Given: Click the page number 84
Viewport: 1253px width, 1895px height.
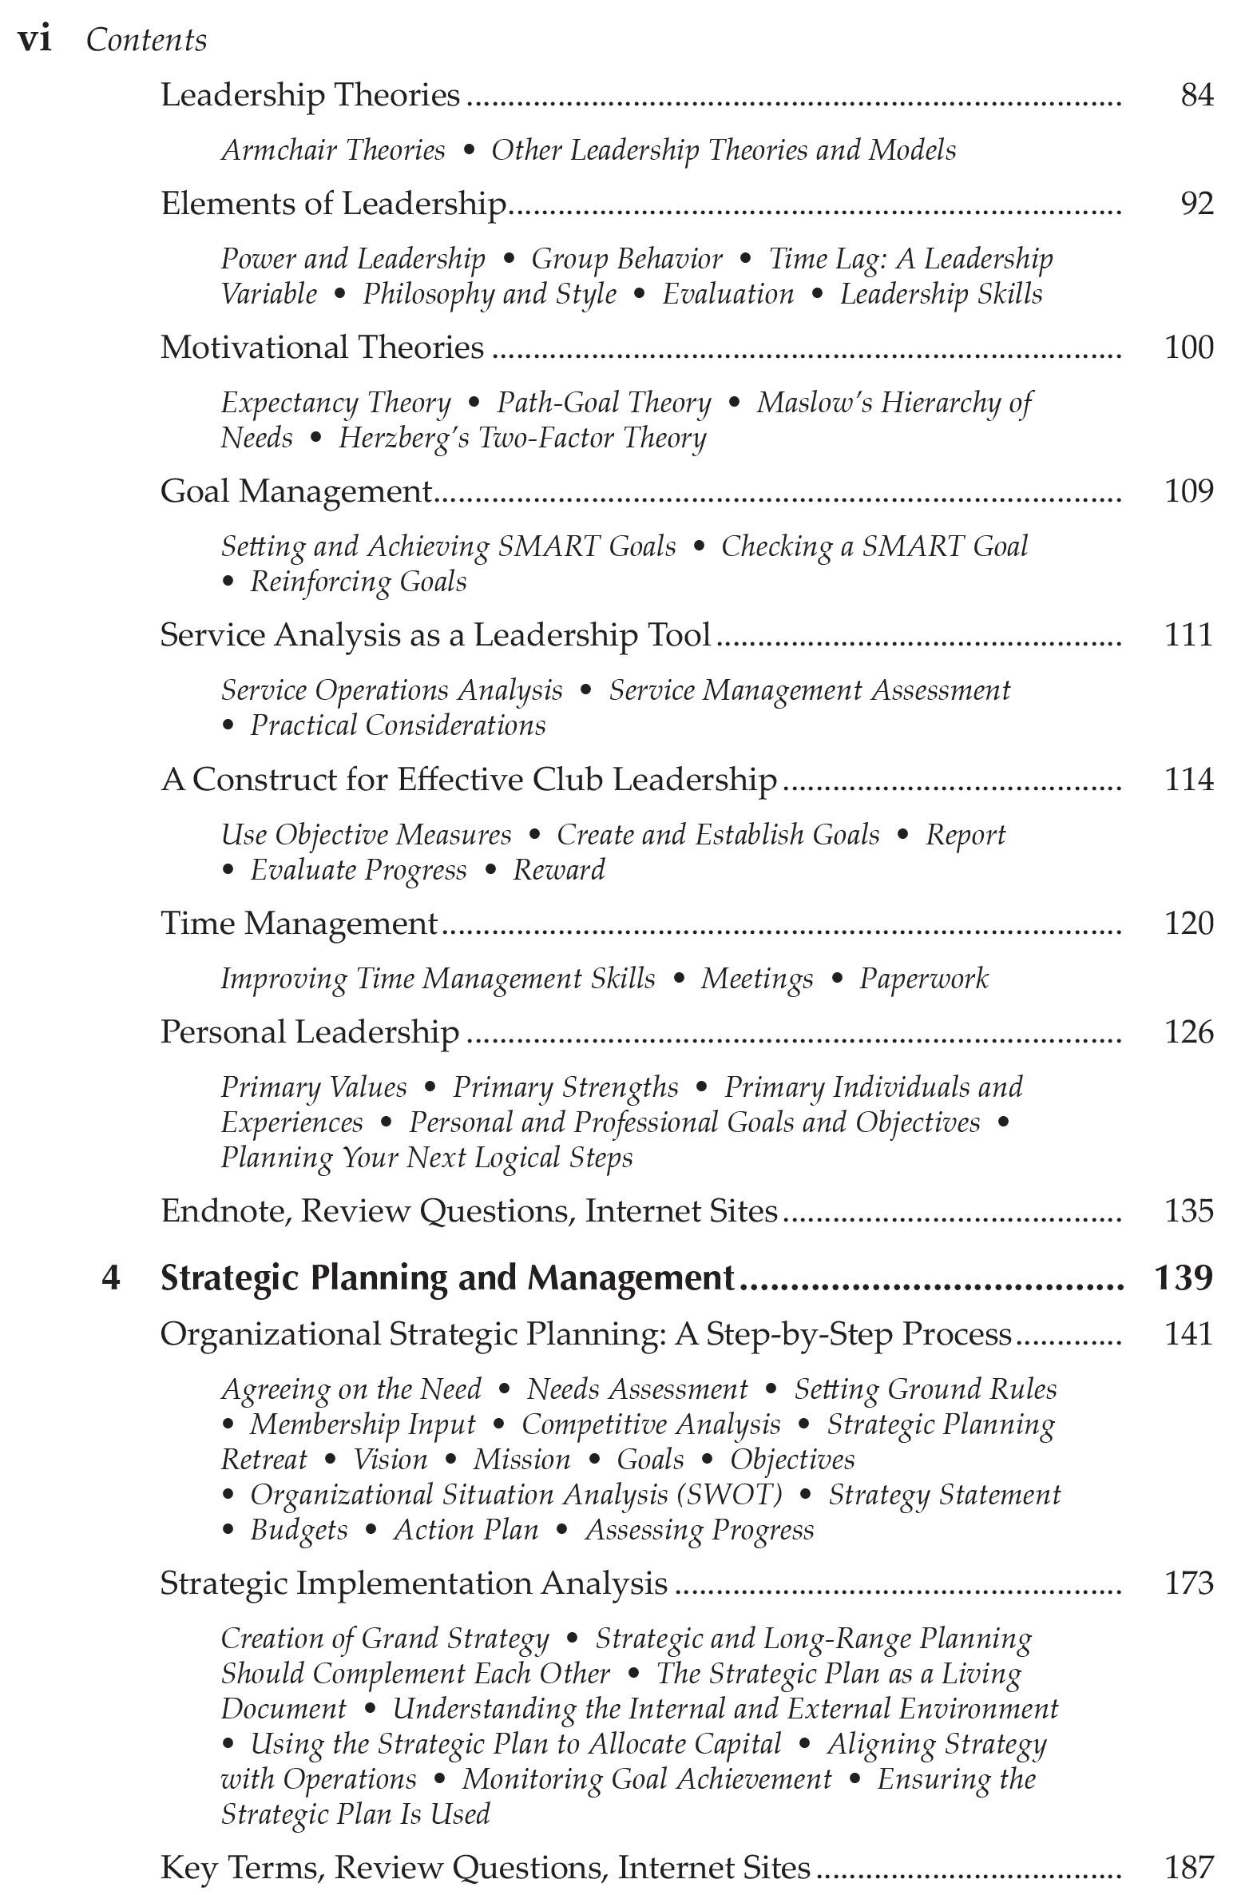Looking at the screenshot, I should (x=1196, y=96).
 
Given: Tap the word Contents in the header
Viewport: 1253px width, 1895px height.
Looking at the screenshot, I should (x=146, y=40).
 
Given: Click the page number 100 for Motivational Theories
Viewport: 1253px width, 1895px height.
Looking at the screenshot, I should (x=1188, y=348).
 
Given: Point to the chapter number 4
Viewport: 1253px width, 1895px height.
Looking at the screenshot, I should (x=111, y=1278).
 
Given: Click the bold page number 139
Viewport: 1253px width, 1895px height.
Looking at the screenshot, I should (x=1183, y=1278).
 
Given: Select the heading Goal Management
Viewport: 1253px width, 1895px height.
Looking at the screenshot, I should (x=295, y=491).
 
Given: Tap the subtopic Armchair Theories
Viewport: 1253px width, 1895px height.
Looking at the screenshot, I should (x=332, y=150).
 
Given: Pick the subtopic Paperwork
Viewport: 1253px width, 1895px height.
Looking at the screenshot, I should (x=923, y=979).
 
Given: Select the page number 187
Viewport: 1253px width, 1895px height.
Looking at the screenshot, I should (x=1188, y=1868).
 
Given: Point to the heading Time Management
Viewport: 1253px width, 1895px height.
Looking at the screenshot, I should (x=299, y=924).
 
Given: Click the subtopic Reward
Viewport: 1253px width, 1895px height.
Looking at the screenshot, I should (x=558, y=870).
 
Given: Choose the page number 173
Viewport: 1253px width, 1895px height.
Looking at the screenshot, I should (x=1188, y=1583).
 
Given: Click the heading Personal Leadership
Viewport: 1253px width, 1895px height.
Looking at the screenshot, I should (x=309, y=1033).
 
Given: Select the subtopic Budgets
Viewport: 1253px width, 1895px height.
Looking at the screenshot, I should (x=299, y=1530).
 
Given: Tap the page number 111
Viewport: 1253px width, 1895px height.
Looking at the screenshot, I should (x=1188, y=635).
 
